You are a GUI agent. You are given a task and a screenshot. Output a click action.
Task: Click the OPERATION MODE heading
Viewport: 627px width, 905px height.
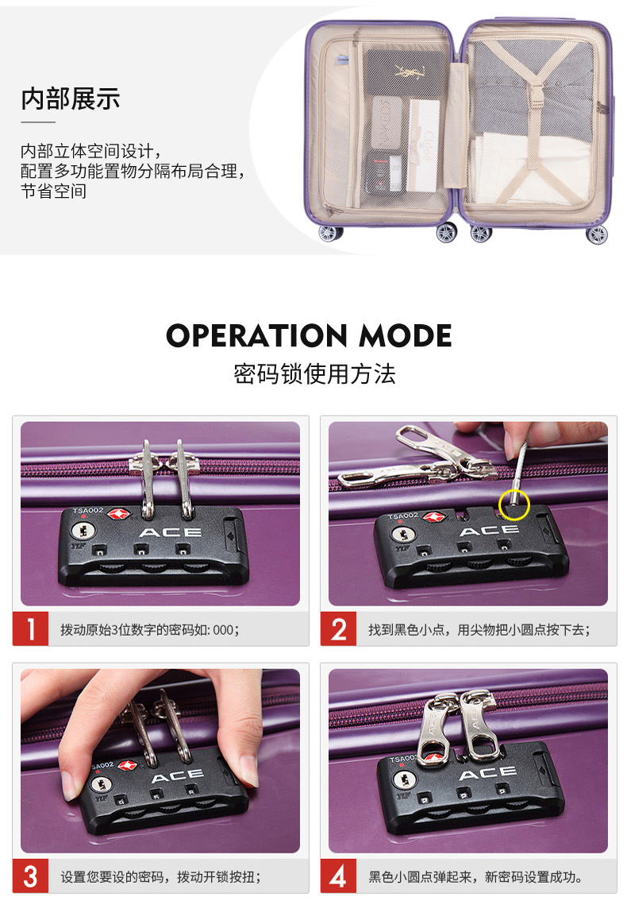[309, 335]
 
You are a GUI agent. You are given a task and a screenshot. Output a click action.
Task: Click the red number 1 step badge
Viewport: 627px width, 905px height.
[30, 628]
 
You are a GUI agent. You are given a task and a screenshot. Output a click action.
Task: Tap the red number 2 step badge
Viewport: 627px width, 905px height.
[338, 628]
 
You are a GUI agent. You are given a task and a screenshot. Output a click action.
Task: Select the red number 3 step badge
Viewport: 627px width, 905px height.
[30, 876]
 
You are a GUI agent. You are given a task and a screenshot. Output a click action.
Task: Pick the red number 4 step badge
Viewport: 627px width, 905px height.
[338, 876]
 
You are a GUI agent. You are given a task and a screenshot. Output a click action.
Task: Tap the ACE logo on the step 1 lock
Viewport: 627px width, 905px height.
[171, 532]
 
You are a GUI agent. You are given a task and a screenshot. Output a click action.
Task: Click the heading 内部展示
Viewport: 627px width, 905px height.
[71, 99]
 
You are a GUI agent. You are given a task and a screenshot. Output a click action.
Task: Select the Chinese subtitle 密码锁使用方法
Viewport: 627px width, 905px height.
[314, 374]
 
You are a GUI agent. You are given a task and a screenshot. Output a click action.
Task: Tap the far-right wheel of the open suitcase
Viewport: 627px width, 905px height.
[597, 234]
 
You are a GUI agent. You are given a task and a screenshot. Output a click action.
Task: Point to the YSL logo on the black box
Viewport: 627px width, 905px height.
[410, 72]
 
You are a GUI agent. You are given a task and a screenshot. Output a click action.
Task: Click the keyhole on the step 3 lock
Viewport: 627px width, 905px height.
[102, 785]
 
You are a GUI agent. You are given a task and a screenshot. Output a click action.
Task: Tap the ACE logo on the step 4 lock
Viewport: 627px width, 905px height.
[487, 773]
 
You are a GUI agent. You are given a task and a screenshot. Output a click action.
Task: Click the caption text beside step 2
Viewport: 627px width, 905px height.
[479, 629]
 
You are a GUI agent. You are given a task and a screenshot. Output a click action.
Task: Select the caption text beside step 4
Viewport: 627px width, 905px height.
[475, 876]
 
